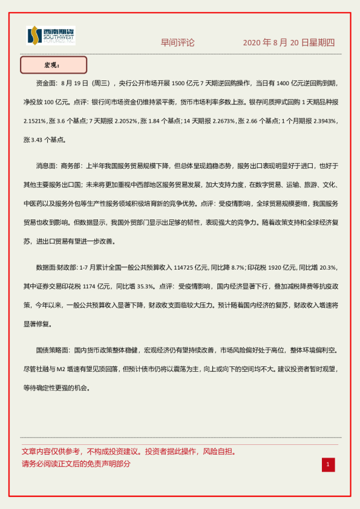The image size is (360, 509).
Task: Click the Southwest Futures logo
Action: pyautogui.click(x=51, y=35)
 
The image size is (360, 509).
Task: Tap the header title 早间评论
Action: pyautogui.click(x=177, y=43)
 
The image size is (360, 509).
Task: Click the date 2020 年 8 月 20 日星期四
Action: pyautogui.click(x=289, y=43)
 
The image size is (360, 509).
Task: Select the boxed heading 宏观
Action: pyautogui.click(x=53, y=65)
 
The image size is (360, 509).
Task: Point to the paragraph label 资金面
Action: pyautogui.click(x=47, y=83)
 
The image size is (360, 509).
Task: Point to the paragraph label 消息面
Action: pyautogui.click(x=47, y=165)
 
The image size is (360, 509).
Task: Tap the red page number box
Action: pyautogui.click(x=328, y=464)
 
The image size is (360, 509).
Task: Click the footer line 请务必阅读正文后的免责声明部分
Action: pyautogui.click(x=76, y=464)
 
